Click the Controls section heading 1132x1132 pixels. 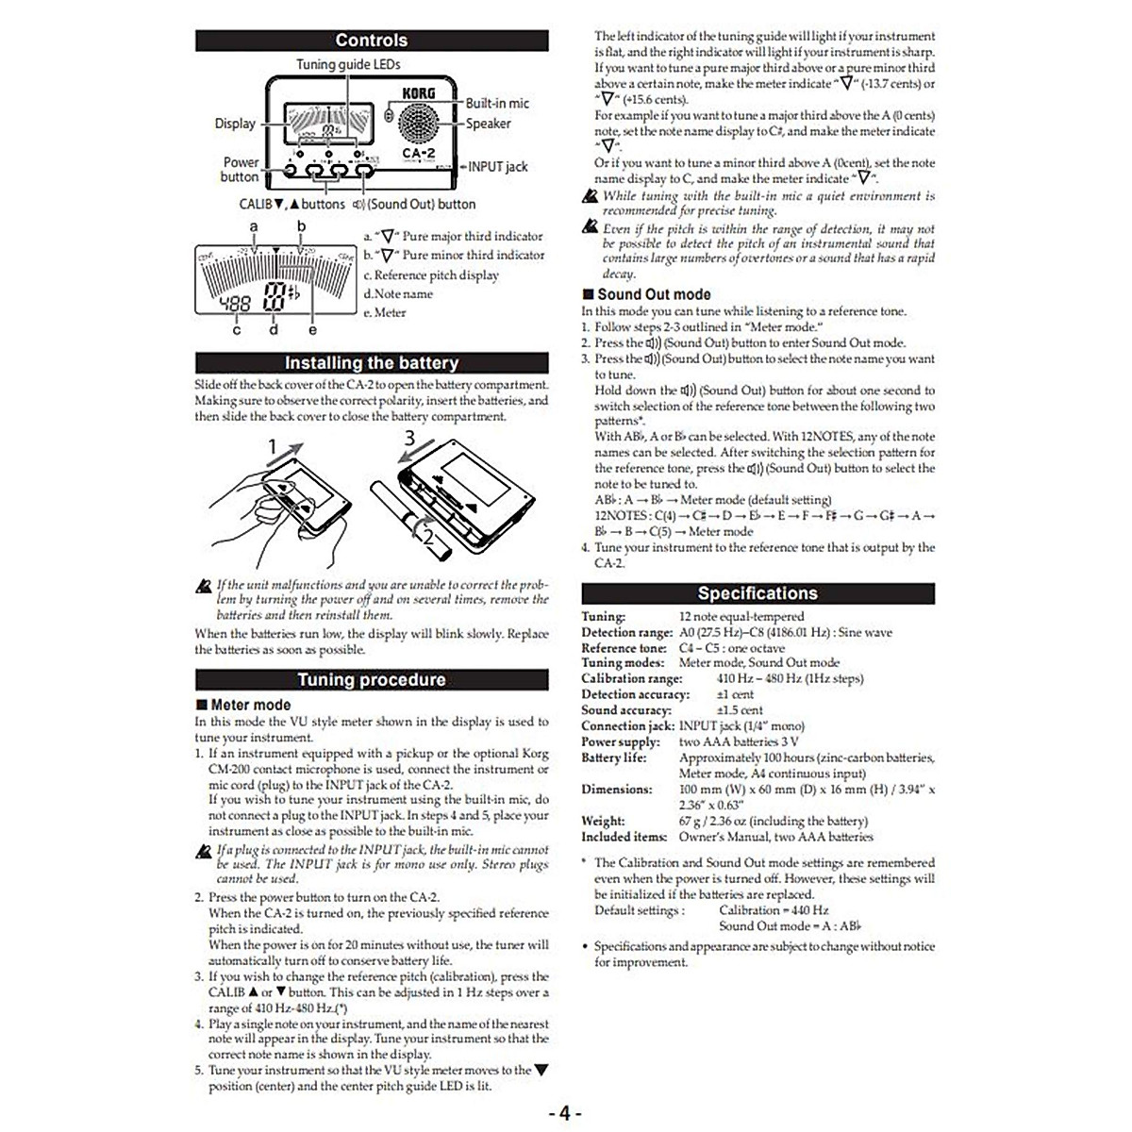pos(371,41)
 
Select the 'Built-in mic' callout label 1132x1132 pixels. pos(497,103)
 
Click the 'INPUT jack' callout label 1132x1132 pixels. pos(498,167)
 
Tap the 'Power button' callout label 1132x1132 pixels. pos(240,169)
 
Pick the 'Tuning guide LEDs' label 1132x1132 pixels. pos(348,64)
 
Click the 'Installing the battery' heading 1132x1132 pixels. pos(371,363)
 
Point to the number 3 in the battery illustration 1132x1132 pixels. pos(409,438)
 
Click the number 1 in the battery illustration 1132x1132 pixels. pos(273,446)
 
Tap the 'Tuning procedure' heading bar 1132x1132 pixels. pos(371,680)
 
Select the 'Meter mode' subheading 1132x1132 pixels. pos(250,705)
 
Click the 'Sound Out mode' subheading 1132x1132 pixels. pos(653,294)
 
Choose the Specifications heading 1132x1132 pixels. pos(757,593)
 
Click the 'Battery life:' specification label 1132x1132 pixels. pos(614,757)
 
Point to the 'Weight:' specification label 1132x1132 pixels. pos(603,821)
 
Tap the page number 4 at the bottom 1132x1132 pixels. pos(564,1113)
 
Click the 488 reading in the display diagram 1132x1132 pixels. pos(235,304)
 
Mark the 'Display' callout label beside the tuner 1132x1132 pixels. pos(235,124)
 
